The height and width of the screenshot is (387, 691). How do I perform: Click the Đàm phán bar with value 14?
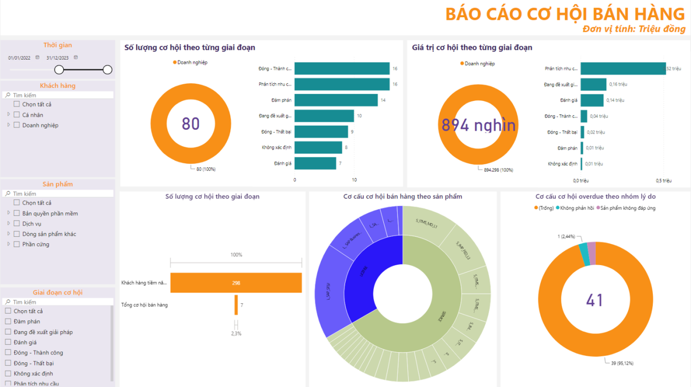coord(336,100)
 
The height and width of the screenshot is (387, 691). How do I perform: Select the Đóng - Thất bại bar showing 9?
coord(321,132)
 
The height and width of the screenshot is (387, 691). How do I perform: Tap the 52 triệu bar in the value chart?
coord(622,69)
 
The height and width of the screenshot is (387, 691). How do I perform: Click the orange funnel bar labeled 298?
coord(236,283)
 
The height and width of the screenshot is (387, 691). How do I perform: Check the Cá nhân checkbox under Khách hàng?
coord(17,115)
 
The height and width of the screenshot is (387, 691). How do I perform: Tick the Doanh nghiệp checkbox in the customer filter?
coord(17,125)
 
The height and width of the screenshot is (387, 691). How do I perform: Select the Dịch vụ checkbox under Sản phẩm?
coord(17,224)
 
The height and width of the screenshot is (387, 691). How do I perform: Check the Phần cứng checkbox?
coord(17,244)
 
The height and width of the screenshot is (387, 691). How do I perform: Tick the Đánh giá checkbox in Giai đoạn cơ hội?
coord(8,343)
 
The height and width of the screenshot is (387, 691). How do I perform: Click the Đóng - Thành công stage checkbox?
coord(8,353)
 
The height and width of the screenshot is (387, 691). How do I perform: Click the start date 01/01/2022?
coord(19,58)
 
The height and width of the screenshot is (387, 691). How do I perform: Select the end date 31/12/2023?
coord(58,58)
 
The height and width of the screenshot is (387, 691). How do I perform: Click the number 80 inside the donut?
coord(191,123)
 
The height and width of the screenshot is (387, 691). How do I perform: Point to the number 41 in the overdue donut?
coord(595,300)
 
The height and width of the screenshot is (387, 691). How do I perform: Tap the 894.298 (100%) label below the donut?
coord(498,170)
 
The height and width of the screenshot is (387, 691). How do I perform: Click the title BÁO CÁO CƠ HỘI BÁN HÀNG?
coord(565,14)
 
